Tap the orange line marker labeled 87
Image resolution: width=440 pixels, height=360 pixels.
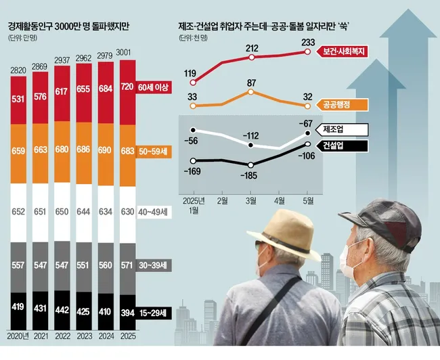(x=251, y=91)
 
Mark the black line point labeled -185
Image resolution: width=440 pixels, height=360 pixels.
(x=251, y=165)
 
